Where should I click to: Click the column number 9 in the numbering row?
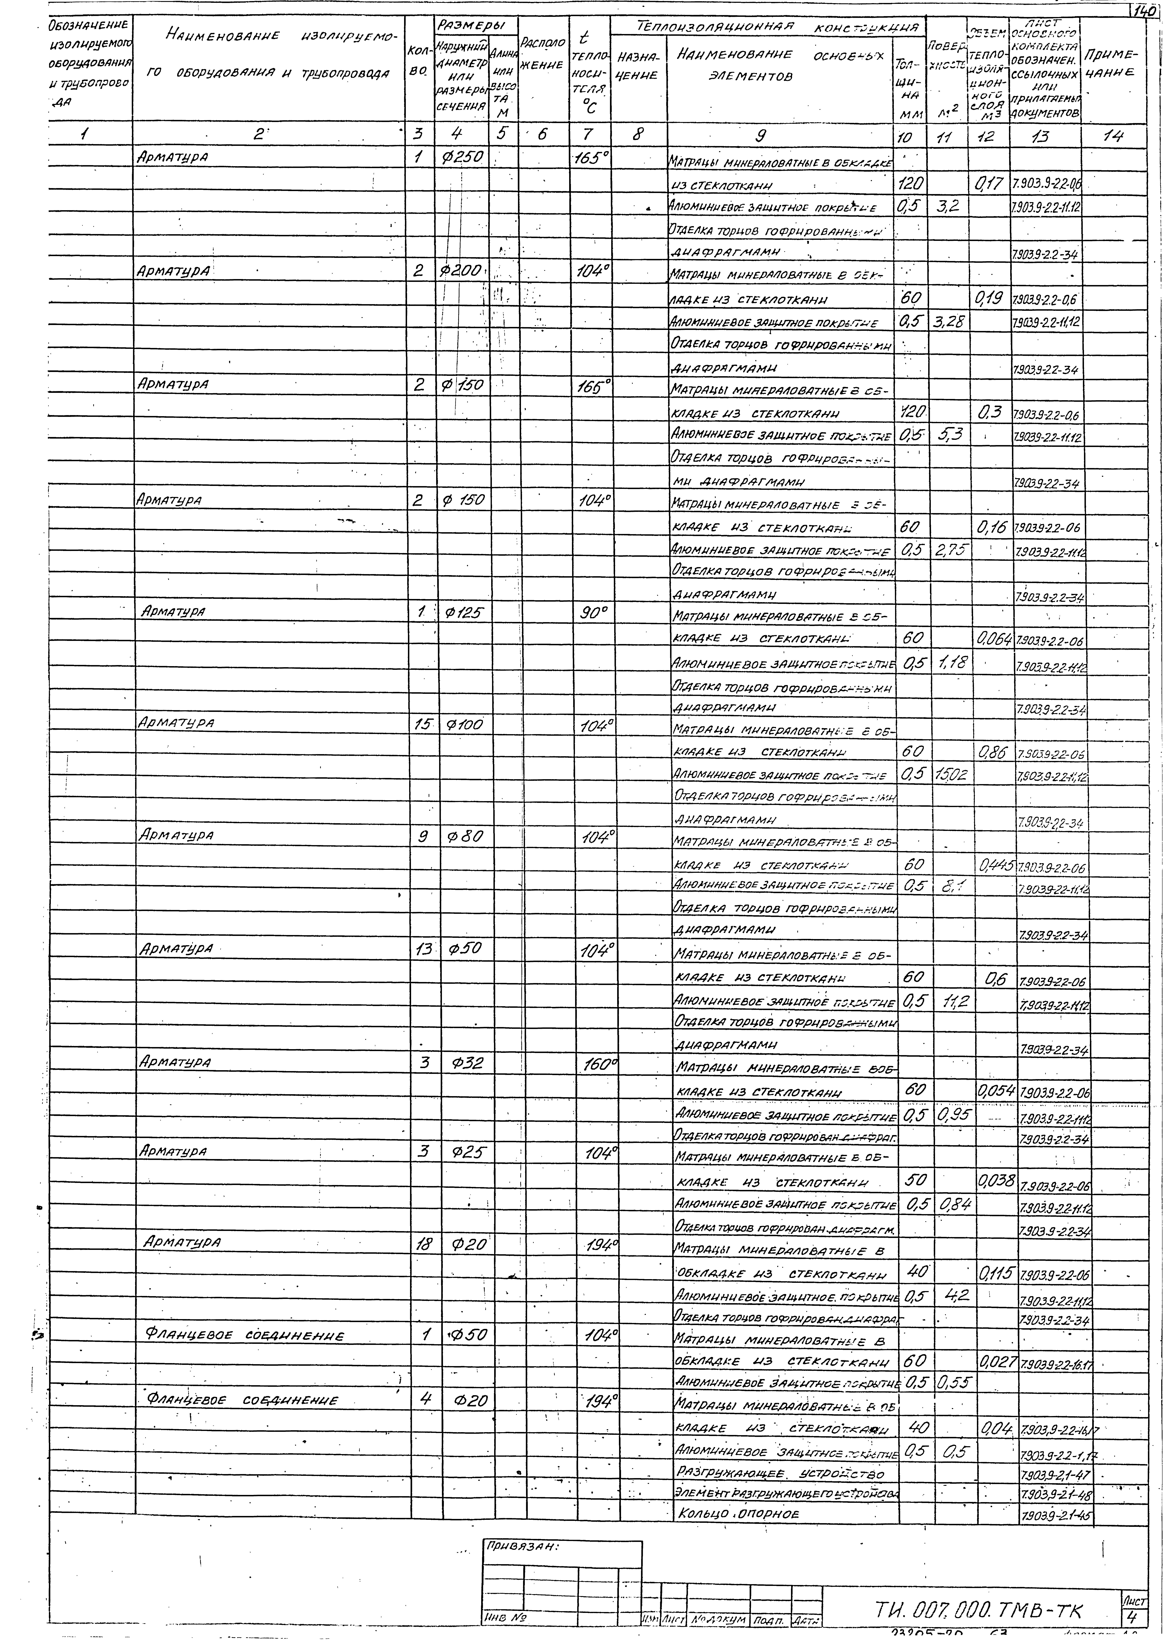click(761, 135)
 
